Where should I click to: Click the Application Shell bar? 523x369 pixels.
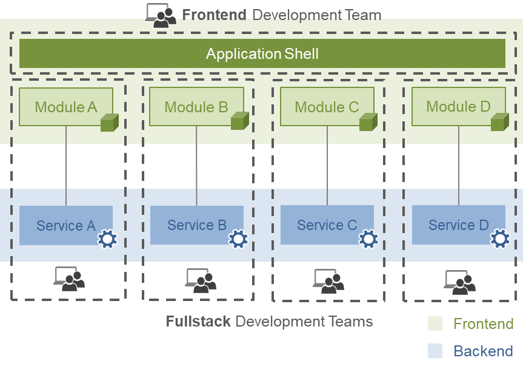coord(262,53)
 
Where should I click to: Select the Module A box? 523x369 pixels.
coord(66,107)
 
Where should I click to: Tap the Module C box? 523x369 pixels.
coord(327,107)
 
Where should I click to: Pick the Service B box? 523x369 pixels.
coord(197,225)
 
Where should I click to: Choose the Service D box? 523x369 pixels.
coord(459,225)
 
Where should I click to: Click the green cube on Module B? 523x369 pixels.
coord(240,121)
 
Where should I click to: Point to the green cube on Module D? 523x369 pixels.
coord(500,122)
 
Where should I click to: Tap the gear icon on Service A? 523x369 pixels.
coord(107,239)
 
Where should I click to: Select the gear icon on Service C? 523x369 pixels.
coord(368,239)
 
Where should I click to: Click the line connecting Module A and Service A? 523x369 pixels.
coord(66,166)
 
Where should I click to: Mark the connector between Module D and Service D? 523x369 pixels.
coord(459,166)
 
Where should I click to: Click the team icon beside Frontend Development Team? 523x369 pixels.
coord(161,15)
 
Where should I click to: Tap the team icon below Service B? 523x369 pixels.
coord(201,280)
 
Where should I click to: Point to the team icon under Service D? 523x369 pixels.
coord(459,282)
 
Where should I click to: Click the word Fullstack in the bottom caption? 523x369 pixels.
coord(198,321)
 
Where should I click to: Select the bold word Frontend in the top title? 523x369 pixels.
coord(214,15)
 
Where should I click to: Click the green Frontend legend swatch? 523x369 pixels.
coord(435,323)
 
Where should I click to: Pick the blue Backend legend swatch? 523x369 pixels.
coord(435,351)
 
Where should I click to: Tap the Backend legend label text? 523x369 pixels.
coord(484,351)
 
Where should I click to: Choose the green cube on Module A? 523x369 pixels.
coord(110,123)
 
